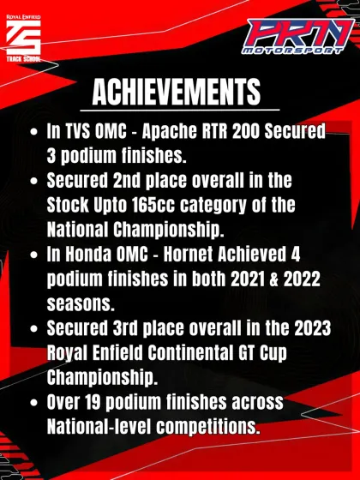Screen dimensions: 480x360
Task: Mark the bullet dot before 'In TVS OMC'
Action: click(x=33, y=135)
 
